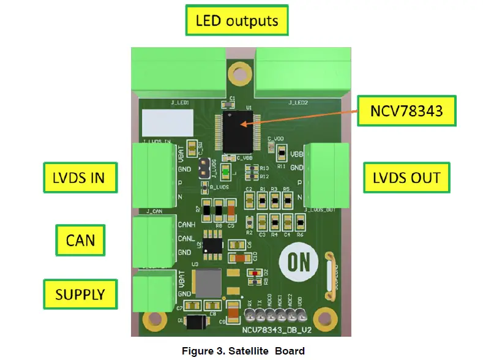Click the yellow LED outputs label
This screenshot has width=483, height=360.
coord(236,21)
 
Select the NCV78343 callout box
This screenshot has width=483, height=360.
coord(406,111)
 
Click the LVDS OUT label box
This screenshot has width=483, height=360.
coord(406,178)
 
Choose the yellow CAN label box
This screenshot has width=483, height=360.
coord(81,239)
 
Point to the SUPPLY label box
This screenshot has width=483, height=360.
coord(80,294)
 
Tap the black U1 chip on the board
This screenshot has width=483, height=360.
coord(238,130)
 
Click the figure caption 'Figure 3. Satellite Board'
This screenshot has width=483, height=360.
coord(242,351)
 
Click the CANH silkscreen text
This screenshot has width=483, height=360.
coord(186,224)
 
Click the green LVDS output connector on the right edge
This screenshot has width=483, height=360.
coord(326,175)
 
